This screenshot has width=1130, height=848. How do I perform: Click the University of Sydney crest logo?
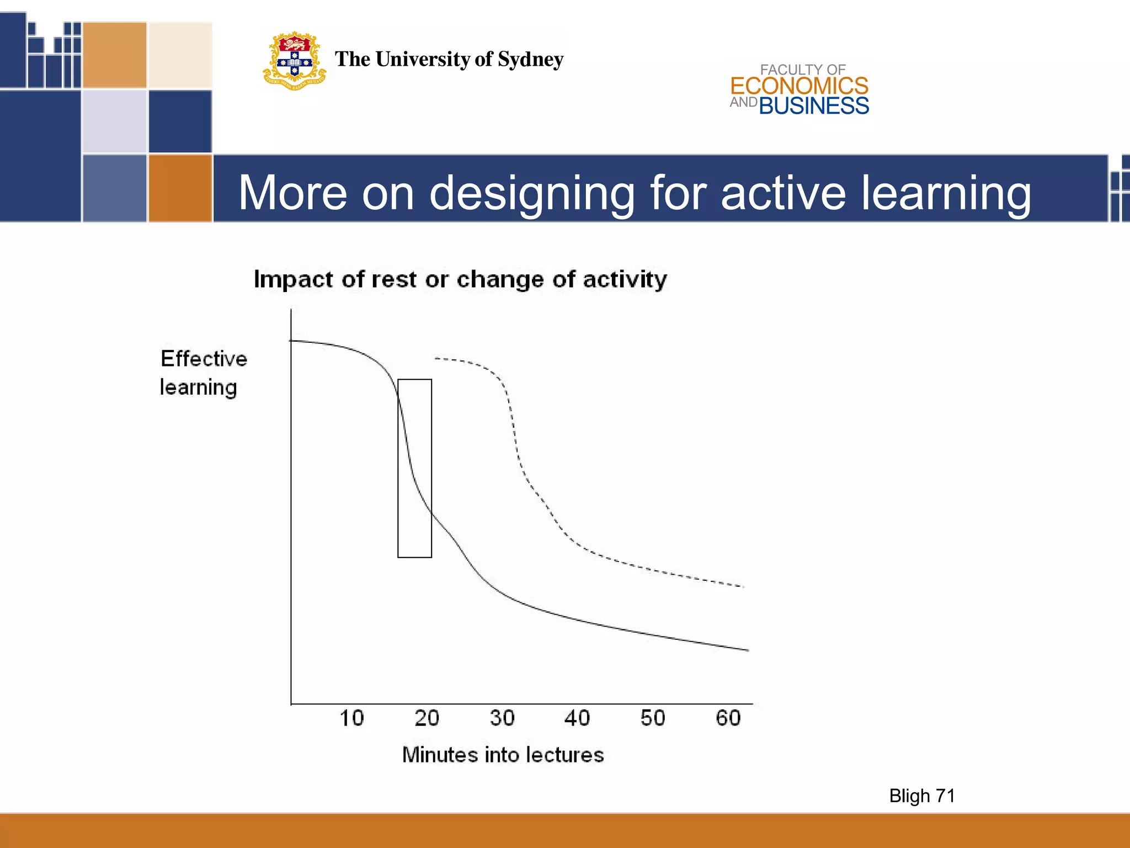tap(294, 61)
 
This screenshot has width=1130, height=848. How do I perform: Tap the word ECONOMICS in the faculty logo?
tap(799, 86)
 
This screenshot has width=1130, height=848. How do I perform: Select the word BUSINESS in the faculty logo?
tap(814, 106)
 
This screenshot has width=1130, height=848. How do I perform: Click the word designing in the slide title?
tap(532, 193)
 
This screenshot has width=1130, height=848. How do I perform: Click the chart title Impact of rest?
tap(460, 279)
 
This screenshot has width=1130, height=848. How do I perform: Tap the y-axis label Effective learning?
tap(203, 373)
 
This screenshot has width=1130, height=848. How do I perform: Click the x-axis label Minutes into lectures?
tap(503, 755)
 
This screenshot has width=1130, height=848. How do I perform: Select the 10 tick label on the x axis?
tap(351, 718)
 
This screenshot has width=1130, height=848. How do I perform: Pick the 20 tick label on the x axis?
tap(427, 718)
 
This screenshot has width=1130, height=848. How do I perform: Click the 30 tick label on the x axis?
tap(502, 718)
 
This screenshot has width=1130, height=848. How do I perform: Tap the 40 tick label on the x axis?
tap(577, 718)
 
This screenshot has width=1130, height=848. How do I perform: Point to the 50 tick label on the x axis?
tap(653, 718)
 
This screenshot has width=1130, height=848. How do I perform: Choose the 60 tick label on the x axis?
tap(728, 718)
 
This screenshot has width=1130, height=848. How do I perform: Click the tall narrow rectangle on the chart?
tap(415, 468)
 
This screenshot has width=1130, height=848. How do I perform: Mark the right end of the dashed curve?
tap(743, 586)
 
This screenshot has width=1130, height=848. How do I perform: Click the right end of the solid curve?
tap(747, 650)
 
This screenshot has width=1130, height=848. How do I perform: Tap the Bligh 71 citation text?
tap(922, 796)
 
